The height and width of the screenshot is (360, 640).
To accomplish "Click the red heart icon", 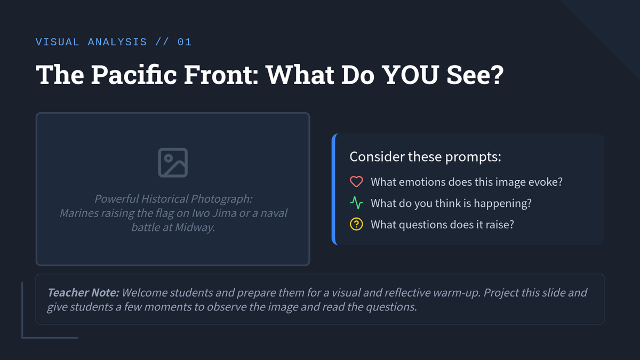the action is pyautogui.click(x=356, y=182).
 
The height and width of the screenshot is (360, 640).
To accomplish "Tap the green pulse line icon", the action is pyautogui.click(x=356, y=203).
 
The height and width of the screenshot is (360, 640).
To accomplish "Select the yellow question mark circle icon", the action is pyautogui.click(x=356, y=225).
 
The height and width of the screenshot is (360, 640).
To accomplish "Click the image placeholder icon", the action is pyautogui.click(x=173, y=163).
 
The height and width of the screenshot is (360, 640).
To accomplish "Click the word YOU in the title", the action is pyautogui.click(x=410, y=75).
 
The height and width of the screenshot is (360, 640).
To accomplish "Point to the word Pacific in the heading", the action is pyautogui.click(x=134, y=75).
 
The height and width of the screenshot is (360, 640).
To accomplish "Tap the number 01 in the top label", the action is pyautogui.click(x=185, y=42).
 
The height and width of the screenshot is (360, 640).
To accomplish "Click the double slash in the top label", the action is pyautogui.click(x=162, y=42).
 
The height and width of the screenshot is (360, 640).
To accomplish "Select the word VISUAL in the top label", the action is pyautogui.click(x=58, y=42).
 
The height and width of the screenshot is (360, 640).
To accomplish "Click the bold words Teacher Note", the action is pyautogui.click(x=83, y=293).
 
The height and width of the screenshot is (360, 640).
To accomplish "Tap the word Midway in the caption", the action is pyautogui.click(x=195, y=227).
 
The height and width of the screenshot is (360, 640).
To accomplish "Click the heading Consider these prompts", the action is pyautogui.click(x=425, y=157).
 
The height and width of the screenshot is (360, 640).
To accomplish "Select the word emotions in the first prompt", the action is pyautogui.click(x=422, y=182).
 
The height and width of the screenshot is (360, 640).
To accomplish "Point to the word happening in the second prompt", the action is pyautogui.click(x=502, y=203).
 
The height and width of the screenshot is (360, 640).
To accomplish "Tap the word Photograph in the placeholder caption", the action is pyautogui.click(x=222, y=199).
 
